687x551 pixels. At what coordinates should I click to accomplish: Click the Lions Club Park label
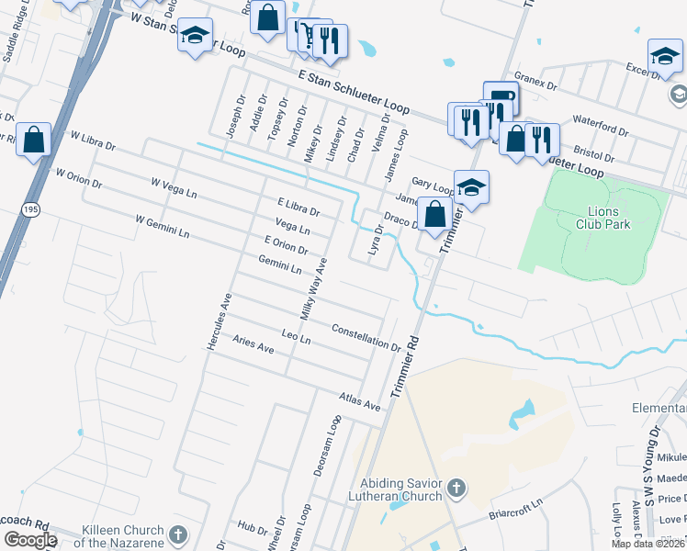[x=603, y=217]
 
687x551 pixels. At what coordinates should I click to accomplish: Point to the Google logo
[x=29, y=540]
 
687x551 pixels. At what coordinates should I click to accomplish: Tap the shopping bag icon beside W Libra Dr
[x=33, y=141]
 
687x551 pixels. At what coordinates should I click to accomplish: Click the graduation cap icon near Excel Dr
[x=664, y=56]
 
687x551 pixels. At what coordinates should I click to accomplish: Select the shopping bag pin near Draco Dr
[x=435, y=214]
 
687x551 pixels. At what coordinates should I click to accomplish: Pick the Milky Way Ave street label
[x=315, y=286]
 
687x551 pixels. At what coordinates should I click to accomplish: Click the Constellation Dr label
[x=366, y=337]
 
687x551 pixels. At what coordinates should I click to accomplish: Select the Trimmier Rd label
[x=405, y=365]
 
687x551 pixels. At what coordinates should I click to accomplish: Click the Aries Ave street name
[x=253, y=344]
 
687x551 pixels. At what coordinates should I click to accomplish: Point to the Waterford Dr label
[x=598, y=119]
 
